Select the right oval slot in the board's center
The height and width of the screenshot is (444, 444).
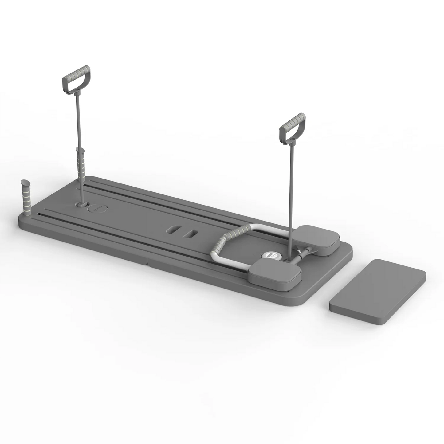189,234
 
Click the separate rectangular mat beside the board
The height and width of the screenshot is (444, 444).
378,291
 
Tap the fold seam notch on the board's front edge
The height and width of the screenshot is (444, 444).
147,260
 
